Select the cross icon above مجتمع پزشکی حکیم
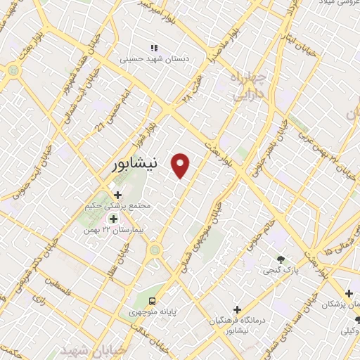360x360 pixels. [x=117, y=195]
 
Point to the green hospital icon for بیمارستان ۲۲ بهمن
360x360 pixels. [x=113, y=219]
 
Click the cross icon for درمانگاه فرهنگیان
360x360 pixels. [x=237, y=309]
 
